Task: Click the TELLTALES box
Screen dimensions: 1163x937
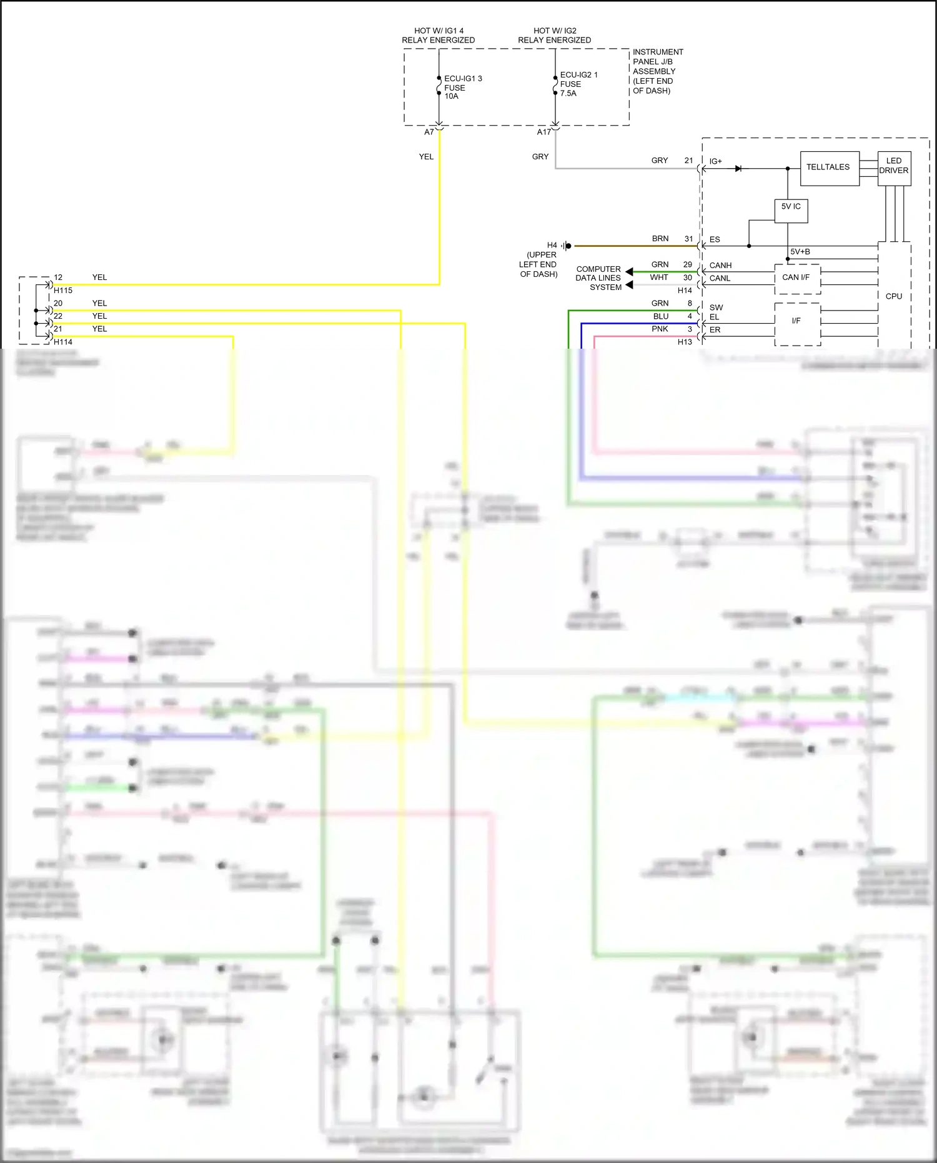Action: click(828, 167)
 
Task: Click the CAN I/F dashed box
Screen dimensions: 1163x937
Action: click(796, 277)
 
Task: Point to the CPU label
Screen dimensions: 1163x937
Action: click(893, 296)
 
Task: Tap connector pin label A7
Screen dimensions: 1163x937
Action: click(429, 132)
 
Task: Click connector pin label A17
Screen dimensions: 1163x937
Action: click(543, 132)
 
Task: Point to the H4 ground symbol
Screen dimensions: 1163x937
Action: click(566, 246)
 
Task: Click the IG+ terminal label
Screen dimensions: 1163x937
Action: click(715, 161)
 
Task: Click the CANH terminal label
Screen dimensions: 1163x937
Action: click(720, 266)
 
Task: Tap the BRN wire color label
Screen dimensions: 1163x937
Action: click(660, 239)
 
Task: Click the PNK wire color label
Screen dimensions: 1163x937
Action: click(660, 329)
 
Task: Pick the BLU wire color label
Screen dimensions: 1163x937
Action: click(660, 316)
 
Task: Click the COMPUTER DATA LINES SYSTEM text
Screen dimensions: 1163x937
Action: click(598, 278)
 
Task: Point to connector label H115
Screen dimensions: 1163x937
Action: click(63, 291)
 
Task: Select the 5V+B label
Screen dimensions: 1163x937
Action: click(800, 252)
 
